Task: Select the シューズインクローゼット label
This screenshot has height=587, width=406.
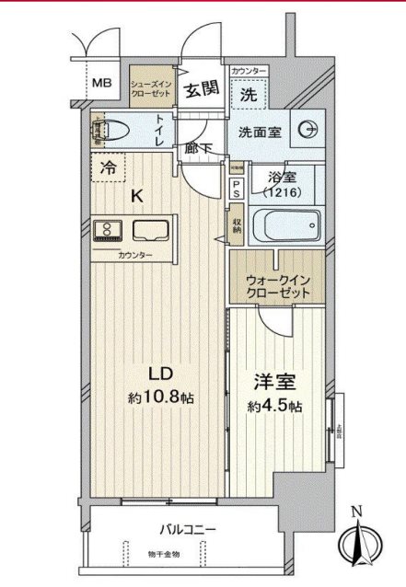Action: coord(150,86)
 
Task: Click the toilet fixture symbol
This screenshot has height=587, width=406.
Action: coord(109,132)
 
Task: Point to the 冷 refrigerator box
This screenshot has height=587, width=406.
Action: coord(108,168)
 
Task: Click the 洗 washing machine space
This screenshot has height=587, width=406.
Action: coord(249,93)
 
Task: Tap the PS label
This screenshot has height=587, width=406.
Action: coord(236,189)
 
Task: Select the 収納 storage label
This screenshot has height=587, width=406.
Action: coord(236,224)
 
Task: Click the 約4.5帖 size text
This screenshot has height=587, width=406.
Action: coord(274,407)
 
